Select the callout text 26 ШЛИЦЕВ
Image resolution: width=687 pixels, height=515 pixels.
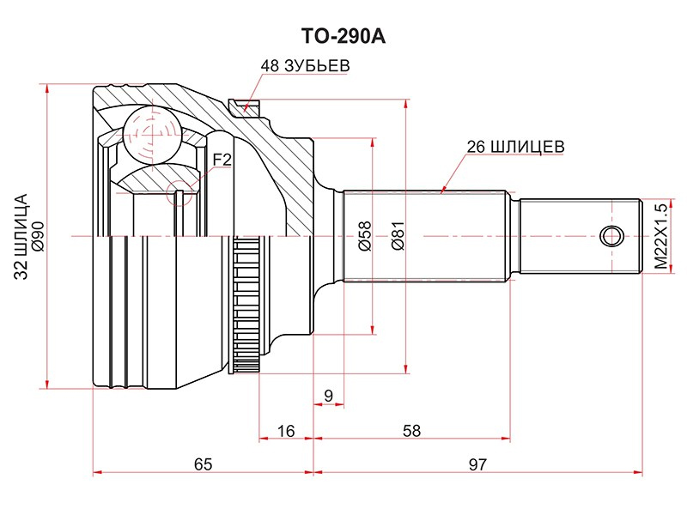tap(515, 146)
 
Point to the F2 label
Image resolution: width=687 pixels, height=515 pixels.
tap(222, 159)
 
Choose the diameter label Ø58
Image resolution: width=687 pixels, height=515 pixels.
tap(363, 236)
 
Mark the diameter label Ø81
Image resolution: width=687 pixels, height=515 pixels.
tap(397, 236)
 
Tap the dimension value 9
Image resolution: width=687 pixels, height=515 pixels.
tap(328, 395)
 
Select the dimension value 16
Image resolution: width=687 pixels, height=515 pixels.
tap(286, 431)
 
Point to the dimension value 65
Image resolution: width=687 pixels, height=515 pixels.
tap(203, 464)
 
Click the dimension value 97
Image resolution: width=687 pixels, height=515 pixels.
tap(478, 464)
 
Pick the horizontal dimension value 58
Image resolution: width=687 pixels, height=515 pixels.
tap(411, 431)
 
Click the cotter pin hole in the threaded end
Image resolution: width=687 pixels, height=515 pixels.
tap(611, 236)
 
